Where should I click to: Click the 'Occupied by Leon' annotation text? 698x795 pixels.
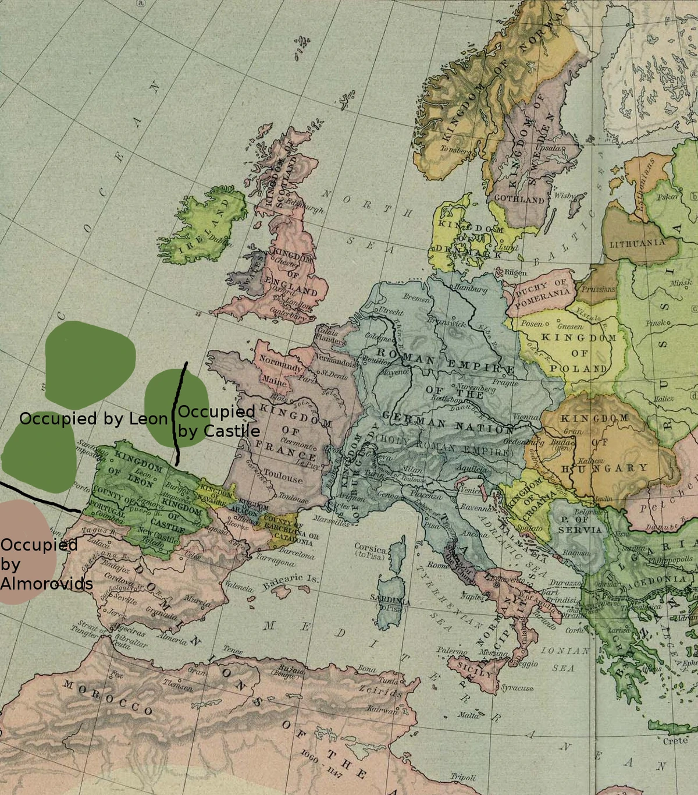click(x=93, y=418)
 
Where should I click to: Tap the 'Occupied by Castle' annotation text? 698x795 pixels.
click(x=218, y=421)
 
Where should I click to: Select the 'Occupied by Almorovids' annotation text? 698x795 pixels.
click(x=45, y=564)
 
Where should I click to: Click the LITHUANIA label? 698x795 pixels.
click(x=637, y=243)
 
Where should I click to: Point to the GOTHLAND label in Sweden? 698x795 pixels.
click(x=519, y=199)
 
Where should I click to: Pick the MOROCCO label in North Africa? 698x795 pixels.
click(x=108, y=698)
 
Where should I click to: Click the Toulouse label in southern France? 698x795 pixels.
click(x=283, y=477)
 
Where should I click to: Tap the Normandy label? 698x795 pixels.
click(x=280, y=364)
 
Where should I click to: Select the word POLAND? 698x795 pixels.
click(x=578, y=368)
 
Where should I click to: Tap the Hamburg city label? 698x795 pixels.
click(x=471, y=288)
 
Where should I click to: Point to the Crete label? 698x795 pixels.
click(x=675, y=741)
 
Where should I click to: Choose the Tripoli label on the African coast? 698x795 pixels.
click(x=463, y=777)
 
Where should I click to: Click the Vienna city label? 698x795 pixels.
click(x=526, y=417)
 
